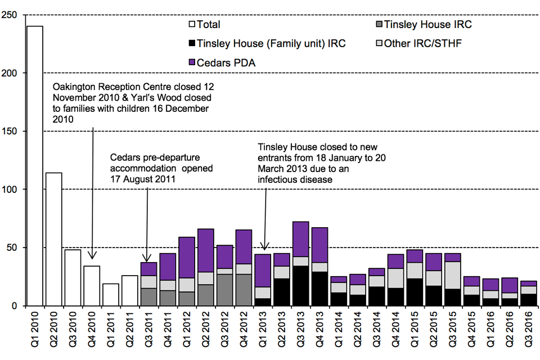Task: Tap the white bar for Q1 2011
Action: [111, 295]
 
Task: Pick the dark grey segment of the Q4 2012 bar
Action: [244, 290]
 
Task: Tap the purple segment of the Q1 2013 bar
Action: [263, 270]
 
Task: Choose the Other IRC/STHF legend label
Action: [423, 43]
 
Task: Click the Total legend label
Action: [208, 24]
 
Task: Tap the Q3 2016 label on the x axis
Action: [529, 332]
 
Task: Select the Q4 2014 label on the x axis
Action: [396, 332]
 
